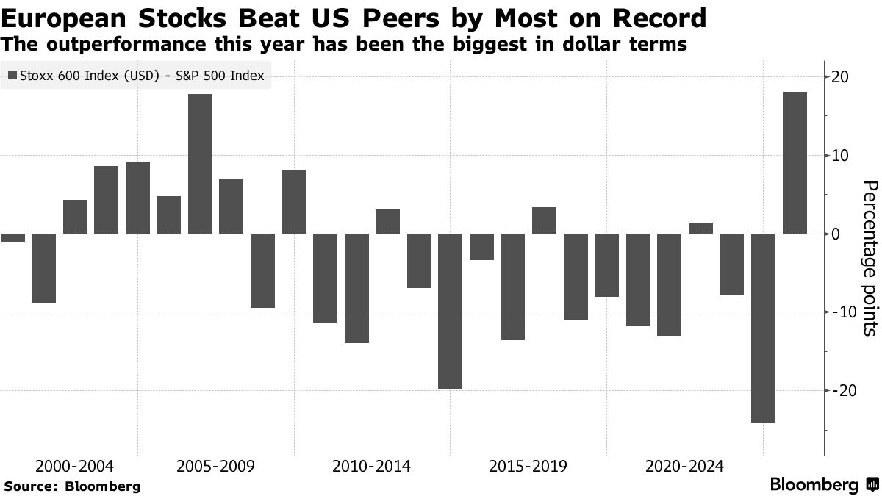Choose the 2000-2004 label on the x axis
pyautogui.click(x=75, y=467)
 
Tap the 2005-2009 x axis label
pyautogui.click(x=216, y=467)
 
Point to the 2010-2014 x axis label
pyautogui.click(x=372, y=467)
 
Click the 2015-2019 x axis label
pyautogui.click(x=528, y=467)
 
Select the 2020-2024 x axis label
pyautogui.click(x=684, y=467)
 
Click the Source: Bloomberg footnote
pyautogui.click(x=72, y=486)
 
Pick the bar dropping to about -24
pyautogui.click(x=764, y=328)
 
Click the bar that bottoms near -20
pyautogui.click(x=451, y=311)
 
